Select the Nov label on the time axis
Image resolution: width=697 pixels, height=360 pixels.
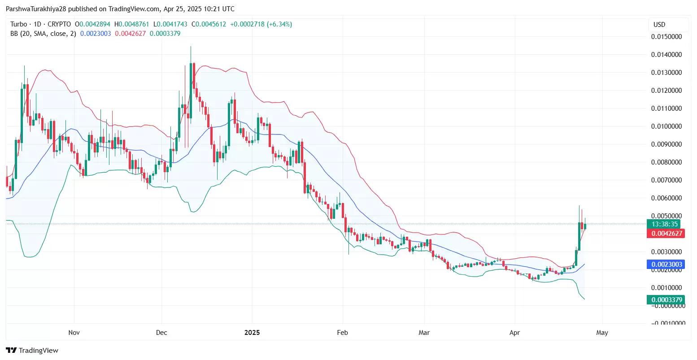pos(74,333)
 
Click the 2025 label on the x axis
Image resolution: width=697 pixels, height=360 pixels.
pos(252,333)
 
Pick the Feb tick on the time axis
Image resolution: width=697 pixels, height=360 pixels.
pos(342,333)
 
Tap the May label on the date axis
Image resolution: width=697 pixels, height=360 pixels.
pos(602,333)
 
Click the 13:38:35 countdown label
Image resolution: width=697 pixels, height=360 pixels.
pos(665,224)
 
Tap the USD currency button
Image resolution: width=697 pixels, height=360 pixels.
pos(659,25)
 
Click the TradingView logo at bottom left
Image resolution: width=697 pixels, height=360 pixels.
pos(32,350)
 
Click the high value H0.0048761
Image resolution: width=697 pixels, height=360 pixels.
pos(132,24)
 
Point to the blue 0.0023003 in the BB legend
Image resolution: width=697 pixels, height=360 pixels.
pos(96,34)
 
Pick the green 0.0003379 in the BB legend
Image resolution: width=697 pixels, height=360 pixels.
pos(165,34)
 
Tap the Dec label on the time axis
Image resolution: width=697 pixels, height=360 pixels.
pos(161,333)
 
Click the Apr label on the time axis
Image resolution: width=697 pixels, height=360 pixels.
pos(514,333)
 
